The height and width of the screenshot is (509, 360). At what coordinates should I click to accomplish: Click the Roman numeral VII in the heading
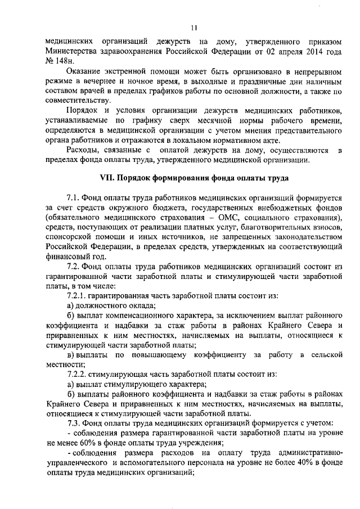[x=107, y=178]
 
